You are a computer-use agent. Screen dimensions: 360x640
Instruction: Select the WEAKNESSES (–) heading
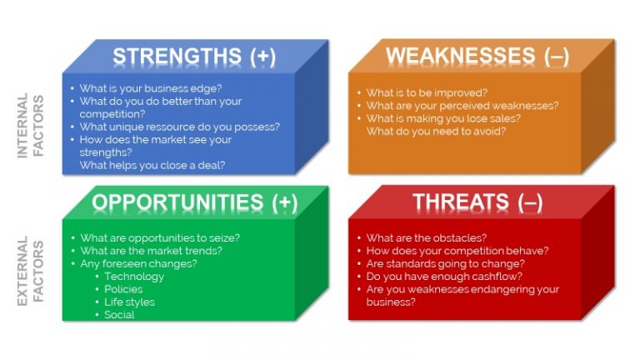click(477, 57)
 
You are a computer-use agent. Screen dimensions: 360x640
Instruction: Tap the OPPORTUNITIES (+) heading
click(194, 202)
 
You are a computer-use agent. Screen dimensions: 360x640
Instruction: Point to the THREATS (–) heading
click(477, 202)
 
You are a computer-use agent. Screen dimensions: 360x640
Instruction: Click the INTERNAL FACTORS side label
click(31, 125)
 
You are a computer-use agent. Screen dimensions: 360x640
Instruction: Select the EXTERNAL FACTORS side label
click(31, 271)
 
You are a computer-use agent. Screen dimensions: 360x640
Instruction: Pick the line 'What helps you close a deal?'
click(152, 165)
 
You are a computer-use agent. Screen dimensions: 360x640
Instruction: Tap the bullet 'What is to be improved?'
click(427, 92)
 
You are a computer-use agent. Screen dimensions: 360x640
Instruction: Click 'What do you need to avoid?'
click(436, 131)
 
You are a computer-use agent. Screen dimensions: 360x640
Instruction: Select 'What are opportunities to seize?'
click(160, 237)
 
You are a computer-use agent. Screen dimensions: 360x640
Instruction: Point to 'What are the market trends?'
click(151, 251)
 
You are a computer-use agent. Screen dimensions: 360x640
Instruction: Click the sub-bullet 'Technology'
click(134, 277)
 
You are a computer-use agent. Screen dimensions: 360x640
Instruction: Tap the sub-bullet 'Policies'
click(123, 289)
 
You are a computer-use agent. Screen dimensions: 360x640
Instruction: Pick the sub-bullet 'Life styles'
click(129, 302)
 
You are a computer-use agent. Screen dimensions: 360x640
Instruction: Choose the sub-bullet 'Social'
click(119, 315)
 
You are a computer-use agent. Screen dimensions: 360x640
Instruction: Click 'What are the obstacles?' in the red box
click(427, 237)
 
